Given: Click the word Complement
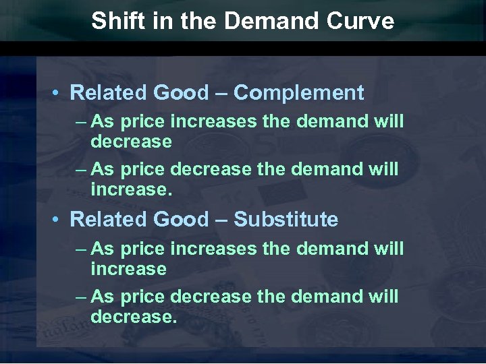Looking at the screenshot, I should click(299, 92).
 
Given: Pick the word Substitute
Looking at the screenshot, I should click(286, 219).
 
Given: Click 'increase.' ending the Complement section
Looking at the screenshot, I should click(132, 190).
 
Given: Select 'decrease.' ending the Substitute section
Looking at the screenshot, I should click(134, 317).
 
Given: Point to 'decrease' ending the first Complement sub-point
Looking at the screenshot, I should click(131, 142).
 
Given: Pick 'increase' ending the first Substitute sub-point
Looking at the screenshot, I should click(128, 269).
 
